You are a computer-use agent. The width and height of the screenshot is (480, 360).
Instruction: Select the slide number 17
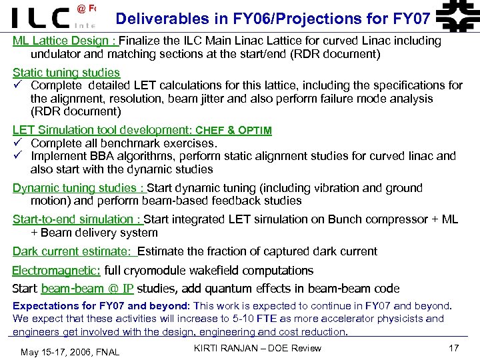[454, 347]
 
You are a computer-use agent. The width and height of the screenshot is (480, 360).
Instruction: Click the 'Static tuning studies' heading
[66, 72]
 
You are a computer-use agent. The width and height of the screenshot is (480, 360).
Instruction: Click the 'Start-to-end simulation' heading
[77, 219]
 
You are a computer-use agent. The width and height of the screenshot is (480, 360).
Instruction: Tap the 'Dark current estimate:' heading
[73, 251]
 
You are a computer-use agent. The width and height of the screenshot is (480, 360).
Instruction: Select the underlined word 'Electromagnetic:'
[56, 271]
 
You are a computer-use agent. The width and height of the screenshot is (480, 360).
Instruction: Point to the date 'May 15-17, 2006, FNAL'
[70, 352]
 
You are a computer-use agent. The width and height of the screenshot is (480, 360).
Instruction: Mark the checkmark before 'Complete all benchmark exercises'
[18, 143]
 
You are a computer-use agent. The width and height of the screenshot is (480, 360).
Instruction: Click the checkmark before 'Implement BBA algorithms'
[18, 156]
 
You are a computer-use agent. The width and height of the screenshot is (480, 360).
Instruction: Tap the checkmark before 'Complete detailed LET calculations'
[18, 85]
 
